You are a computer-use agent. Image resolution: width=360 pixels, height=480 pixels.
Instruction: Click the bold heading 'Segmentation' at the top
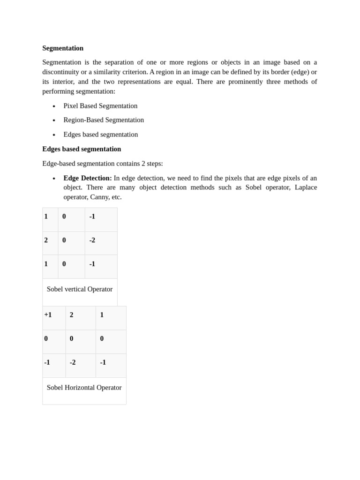pyautogui.click(x=63, y=48)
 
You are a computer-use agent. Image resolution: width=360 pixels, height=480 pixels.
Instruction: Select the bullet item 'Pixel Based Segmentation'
pyautogui.click(x=100, y=106)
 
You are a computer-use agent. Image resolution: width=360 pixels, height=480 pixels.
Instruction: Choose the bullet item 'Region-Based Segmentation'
pyautogui.click(x=104, y=120)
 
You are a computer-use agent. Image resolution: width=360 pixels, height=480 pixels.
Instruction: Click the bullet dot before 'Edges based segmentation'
pyautogui.click(x=54, y=135)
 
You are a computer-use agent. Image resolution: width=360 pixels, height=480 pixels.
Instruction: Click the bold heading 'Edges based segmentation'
pyautogui.click(x=82, y=149)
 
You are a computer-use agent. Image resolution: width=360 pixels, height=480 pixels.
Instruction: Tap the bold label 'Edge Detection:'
pyautogui.click(x=88, y=178)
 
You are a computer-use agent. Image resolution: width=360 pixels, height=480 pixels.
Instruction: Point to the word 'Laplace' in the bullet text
pyautogui.click(x=306, y=187)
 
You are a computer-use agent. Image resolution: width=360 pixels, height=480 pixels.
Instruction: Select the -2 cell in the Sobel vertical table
pyautogui.click(x=92, y=240)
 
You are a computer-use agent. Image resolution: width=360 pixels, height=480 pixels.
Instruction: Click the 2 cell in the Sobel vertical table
pyautogui.click(x=46, y=240)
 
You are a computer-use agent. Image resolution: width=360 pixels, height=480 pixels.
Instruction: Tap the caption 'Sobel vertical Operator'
pyautogui.click(x=80, y=289)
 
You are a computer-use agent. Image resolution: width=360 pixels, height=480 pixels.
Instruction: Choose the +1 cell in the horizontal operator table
pyautogui.click(x=48, y=315)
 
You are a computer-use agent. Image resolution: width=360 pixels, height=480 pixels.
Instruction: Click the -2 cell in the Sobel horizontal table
pyautogui.click(x=73, y=362)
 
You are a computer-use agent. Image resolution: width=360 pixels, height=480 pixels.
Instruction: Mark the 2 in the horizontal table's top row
pyautogui.click(x=72, y=315)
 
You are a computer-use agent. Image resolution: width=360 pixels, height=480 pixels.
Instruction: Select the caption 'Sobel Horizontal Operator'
pyautogui.click(x=84, y=388)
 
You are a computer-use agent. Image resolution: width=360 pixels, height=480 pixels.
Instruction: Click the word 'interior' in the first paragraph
pyautogui.click(x=62, y=82)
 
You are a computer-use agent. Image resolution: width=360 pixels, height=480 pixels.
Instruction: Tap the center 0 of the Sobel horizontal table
pyautogui.click(x=72, y=338)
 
